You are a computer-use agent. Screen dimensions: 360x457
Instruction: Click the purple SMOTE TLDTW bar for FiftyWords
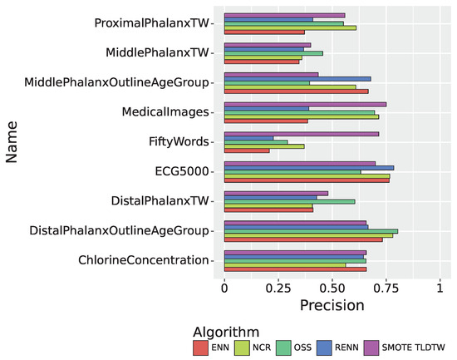click(x=302, y=133)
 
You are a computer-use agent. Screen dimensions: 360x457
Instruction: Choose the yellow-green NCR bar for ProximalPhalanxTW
click(x=290, y=27)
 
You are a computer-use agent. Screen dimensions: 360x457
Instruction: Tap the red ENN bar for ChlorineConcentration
click(x=295, y=269)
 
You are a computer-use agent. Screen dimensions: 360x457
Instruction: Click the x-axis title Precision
click(x=332, y=304)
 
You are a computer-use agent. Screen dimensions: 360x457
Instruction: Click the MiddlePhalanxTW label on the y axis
click(x=158, y=52)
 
